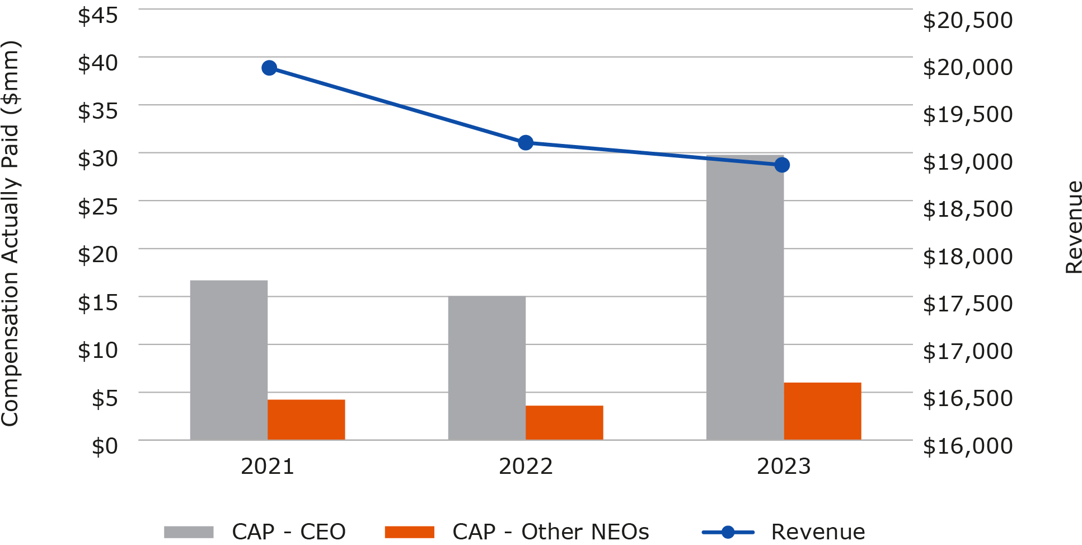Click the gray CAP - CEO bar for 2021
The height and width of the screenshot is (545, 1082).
pos(228,360)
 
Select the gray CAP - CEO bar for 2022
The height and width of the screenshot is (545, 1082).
pos(486,367)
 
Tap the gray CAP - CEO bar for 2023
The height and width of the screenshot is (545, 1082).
pos(744,297)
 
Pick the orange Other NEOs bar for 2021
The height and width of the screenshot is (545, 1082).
pos(306,420)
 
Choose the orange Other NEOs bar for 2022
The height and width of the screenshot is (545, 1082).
pos(564,422)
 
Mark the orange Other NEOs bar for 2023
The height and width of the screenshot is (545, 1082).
pos(822,411)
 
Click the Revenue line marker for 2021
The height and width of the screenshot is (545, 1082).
pos(269,68)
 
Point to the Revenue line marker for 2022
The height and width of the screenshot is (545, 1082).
pos(526,143)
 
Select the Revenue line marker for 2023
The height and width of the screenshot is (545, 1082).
pos(782,165)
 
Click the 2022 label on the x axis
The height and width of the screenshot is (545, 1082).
pos(526,467)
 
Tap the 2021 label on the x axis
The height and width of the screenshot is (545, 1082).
pos(268,467)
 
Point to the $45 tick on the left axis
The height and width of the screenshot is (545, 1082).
pos(98,15)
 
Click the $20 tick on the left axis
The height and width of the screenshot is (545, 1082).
pos(98,255)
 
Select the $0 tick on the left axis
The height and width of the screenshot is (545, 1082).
pos(105,446)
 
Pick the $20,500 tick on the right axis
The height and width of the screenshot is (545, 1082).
pos(967,20)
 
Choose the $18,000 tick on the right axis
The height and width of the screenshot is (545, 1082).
pos(967,257)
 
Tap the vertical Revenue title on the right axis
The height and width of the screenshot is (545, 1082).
pos(1074,227)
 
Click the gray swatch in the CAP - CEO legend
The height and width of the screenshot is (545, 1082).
pos(189,532)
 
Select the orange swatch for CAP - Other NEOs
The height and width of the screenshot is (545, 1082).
pos(409,532)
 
